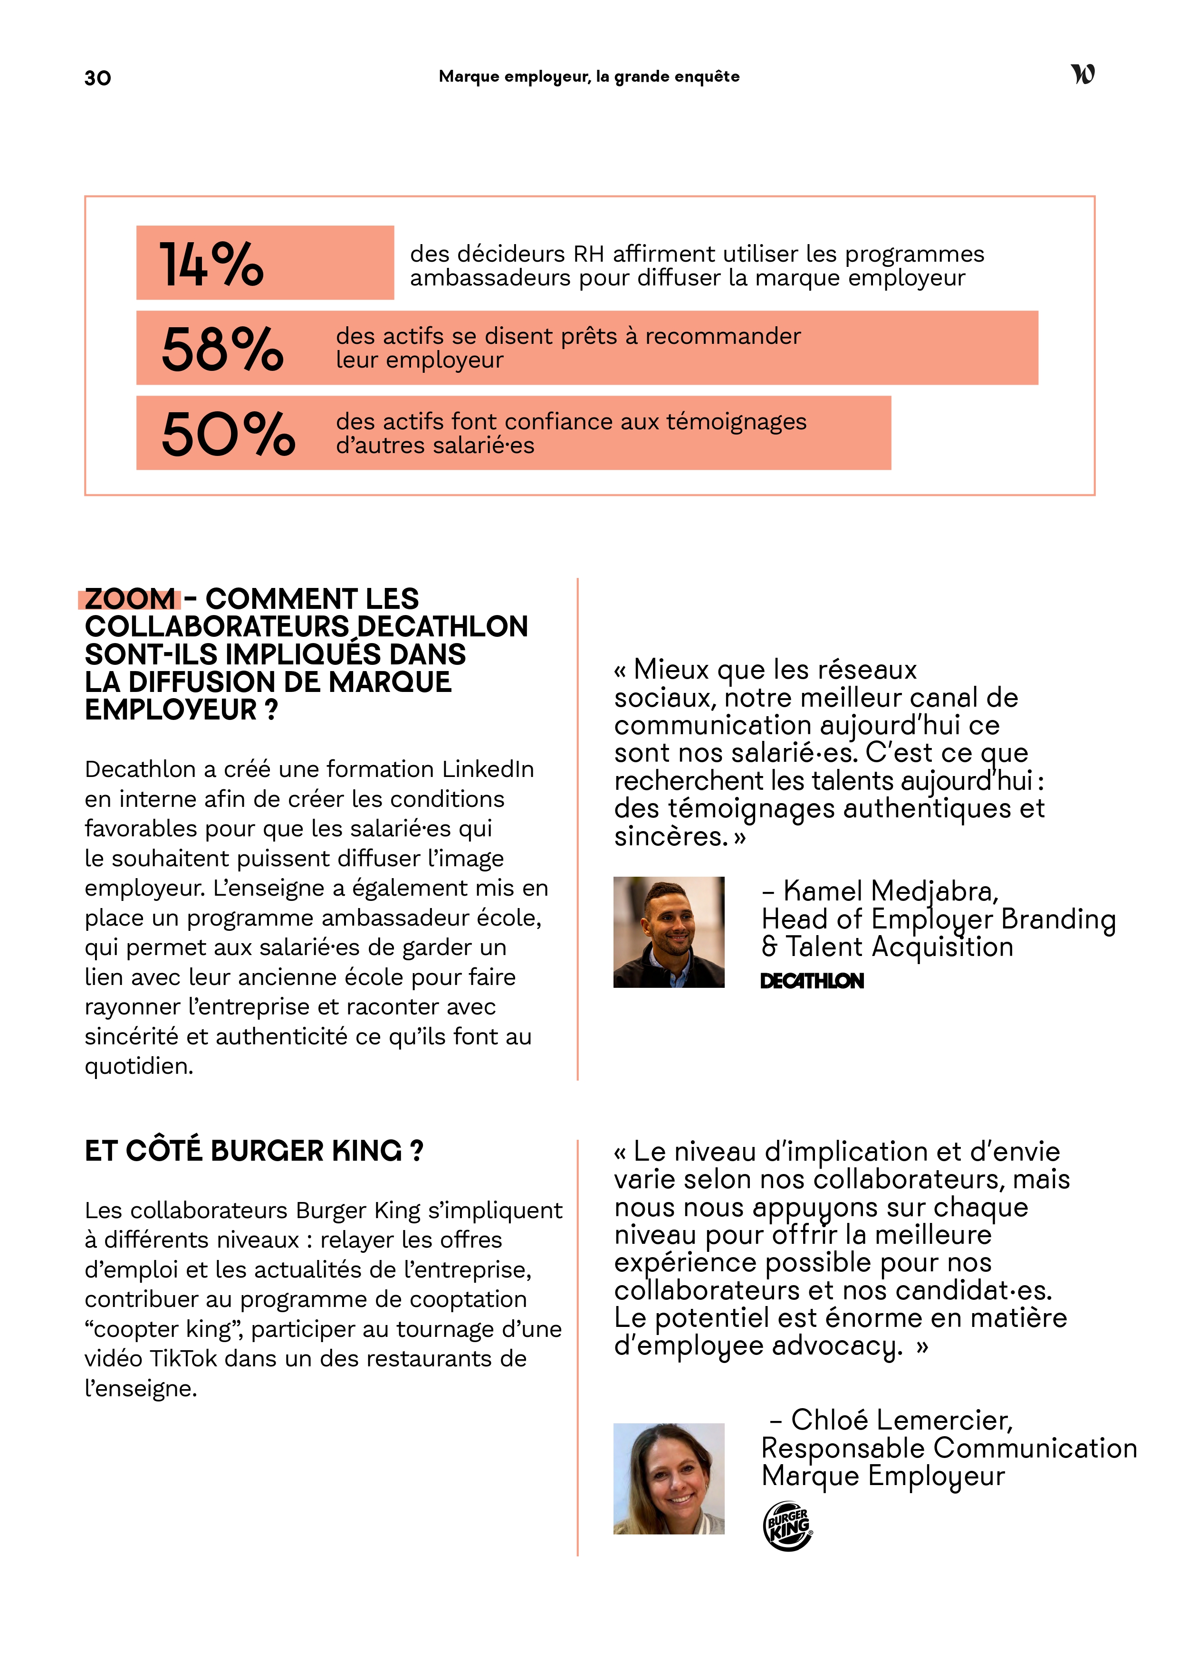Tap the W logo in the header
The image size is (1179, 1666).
[1083, 74]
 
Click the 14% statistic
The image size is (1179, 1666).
[211, 264]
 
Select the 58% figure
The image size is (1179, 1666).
[222, 349]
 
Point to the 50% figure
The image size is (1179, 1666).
[228, 434]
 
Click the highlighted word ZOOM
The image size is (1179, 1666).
[130, 599]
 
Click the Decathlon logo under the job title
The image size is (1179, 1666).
[812, 981]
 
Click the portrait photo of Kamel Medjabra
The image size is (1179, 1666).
[669, 932]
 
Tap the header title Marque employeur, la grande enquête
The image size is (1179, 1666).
[589, 77]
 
